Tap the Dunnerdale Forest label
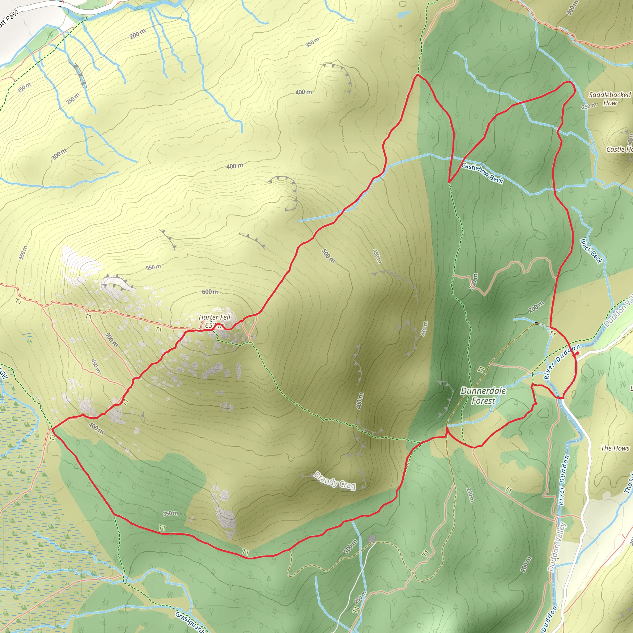[483, 395]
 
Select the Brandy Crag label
[335, 481]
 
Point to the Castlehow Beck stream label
[482, 173]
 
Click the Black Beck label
[591, 251]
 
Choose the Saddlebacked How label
[610, 99]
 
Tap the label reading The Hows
[615, 448]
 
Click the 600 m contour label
[210, 291]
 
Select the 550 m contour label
[153, 267]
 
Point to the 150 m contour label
[24, 87]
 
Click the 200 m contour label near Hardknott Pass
[137, 33]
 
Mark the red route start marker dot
[577, 353]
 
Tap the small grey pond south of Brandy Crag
[372, 538]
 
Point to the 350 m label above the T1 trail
[170, 513]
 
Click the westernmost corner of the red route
[52, 429]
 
